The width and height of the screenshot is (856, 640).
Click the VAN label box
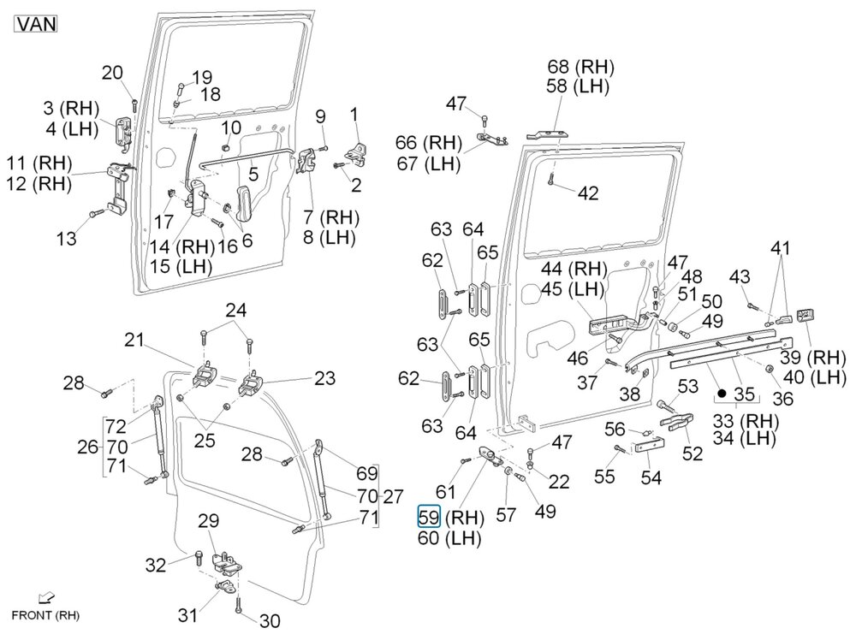(35, 24)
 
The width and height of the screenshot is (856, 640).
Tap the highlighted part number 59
(429, 516)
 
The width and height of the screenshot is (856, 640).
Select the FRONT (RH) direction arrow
(47, 599)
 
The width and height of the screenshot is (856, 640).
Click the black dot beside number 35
(722, 393)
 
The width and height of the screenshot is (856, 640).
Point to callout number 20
(112, 73)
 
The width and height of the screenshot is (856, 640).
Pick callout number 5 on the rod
(253, 174)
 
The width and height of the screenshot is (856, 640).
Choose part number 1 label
(354, 115)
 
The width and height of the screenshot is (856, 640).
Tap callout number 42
(588, 193)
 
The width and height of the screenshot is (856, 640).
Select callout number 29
(209, 521)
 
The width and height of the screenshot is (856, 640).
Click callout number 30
(270, 620)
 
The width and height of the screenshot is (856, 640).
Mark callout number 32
(156, 565)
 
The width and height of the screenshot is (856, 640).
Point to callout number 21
(134, 340)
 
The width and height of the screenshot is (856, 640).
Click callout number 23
(324, 378)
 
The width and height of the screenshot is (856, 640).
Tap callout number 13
(67, 239)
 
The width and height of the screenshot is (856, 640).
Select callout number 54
(651, 478)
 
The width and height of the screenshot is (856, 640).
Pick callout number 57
(506, 514)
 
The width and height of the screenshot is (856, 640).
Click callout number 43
(740, 276)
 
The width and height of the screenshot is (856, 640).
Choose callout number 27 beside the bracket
(393, 497)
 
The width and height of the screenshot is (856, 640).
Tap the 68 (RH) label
(581, 67)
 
